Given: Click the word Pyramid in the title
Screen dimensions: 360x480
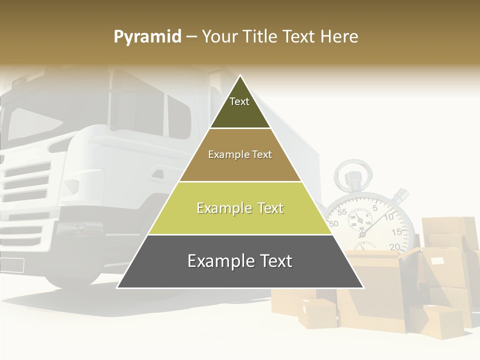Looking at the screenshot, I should [147, 37].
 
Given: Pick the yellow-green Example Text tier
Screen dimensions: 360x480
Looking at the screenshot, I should [240, 208].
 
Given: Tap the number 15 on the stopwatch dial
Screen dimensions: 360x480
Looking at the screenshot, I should [396, 232].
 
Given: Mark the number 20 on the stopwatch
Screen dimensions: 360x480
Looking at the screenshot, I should [394, 246].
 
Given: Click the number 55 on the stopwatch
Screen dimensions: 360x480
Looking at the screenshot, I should [342, 212].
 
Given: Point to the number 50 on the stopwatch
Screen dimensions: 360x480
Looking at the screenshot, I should [334, 223].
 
